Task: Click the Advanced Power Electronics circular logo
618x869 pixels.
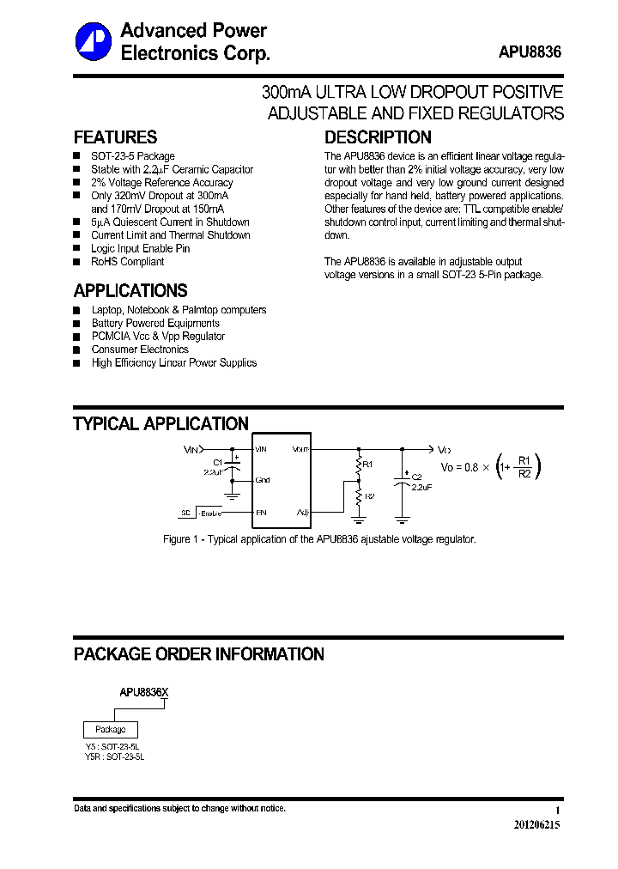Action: point(94,42)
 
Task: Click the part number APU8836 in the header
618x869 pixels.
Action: point(530,52)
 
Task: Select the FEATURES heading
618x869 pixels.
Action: point(115,137)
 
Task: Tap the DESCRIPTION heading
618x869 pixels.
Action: point(378,137)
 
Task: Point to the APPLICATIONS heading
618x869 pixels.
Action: point(130,290)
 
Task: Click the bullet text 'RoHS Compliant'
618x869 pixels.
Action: point(127,262)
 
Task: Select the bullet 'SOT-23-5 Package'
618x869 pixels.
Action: point(133,156)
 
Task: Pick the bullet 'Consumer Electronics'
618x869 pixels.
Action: point(140,349)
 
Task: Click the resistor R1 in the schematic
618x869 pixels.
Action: point(360,465)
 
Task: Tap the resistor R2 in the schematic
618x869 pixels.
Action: point(360,497)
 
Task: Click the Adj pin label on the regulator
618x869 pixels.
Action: point(302,513)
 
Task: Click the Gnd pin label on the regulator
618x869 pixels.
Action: point(262,480)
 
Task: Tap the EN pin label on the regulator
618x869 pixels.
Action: point(261,513)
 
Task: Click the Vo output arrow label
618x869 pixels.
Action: point(444,449)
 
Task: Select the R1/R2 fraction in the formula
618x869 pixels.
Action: point(525,466)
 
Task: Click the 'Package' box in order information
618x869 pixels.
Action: point(110,730)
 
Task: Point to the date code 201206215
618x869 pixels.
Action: point(536,824)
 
